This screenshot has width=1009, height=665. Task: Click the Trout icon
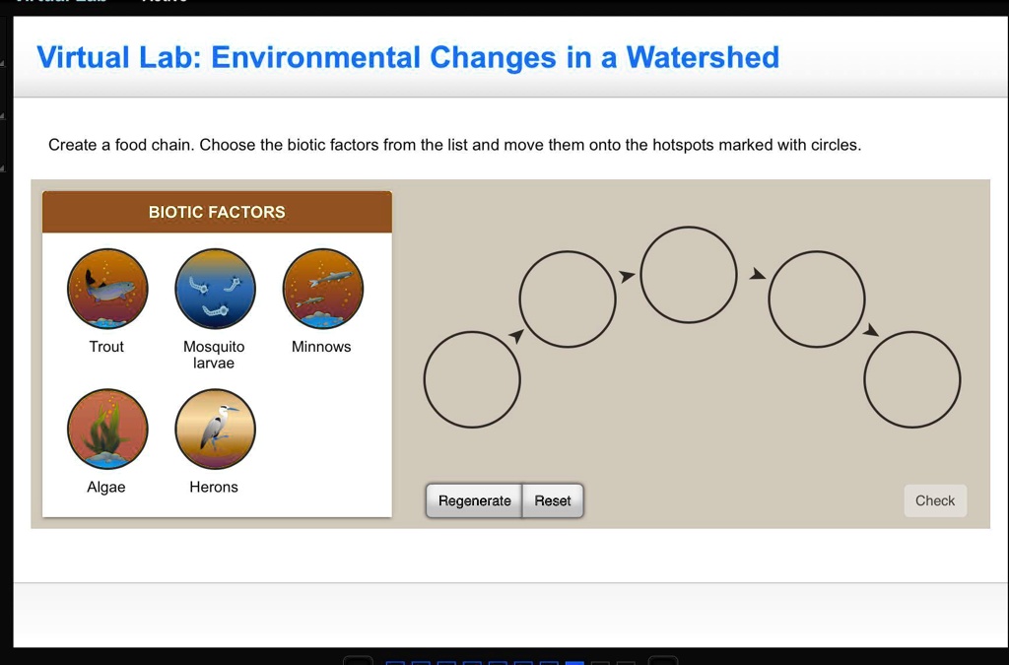click(x=107, y=289)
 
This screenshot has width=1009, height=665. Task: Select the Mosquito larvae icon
click(x=215, y=289)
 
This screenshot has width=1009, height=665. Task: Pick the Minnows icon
click(x=322, y=289)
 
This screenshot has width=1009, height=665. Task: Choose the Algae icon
click(x=107, y=430)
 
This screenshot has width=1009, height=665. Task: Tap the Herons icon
click(x=215, y=430)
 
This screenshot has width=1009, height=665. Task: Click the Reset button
click(x=553, y=500)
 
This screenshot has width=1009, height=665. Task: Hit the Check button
click(x=934, y=500)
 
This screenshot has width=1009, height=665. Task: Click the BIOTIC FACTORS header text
click(x=217, y=212)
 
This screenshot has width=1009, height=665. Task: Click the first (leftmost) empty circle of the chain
click(x=472, y=379)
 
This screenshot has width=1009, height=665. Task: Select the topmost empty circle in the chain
click(x=688, y=275)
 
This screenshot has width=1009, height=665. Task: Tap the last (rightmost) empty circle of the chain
click(x=911, y=379)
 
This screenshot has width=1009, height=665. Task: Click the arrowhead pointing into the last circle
click(x=870, y=330)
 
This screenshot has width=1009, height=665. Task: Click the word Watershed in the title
click(x=703, y=57)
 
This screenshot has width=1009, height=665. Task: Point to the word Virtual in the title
click(x=83, y=57)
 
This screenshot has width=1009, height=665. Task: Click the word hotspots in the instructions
click(x=683, y=145)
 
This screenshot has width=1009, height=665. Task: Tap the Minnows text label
click(x=321, y=347)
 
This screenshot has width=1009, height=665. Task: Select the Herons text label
click(x=214, y=487)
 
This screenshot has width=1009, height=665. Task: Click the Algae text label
click(x=106, y=487)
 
